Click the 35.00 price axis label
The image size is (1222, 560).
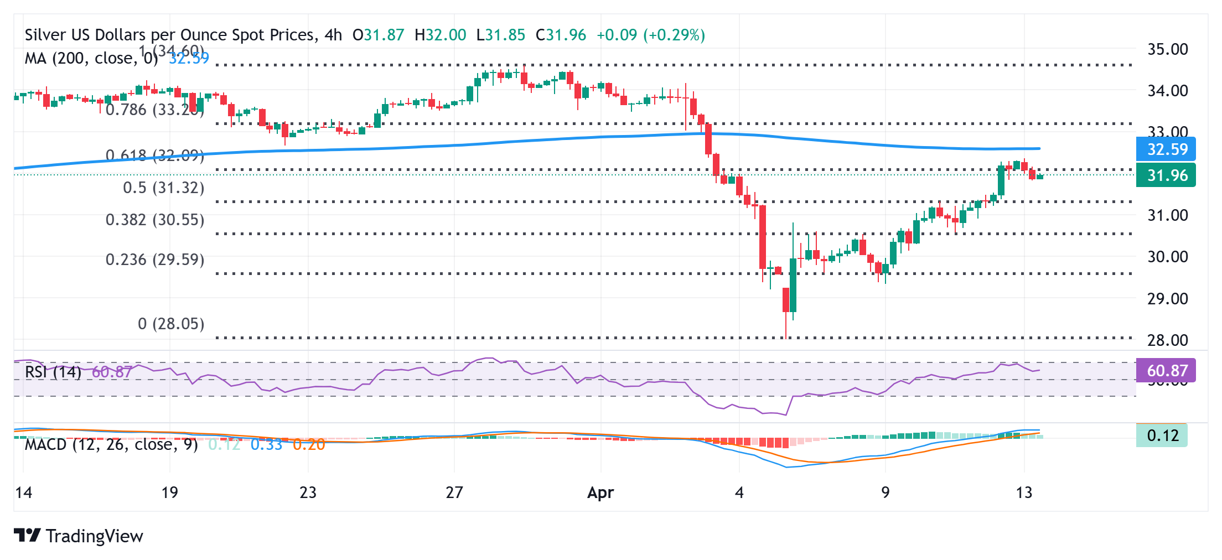click(1167, 49)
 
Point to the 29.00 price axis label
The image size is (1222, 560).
click(1167, 299)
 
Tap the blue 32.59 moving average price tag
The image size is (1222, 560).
click(1167, 149)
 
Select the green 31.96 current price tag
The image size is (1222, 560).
click(1167, 175)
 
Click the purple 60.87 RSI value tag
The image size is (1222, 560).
click(1167, 370)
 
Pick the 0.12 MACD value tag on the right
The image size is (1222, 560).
click(1163, 435)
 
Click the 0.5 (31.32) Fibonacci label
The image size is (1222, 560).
click(163, 188)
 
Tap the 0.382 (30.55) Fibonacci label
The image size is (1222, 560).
click(155, 220)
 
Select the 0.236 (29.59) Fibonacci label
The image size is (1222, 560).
click(155, 260)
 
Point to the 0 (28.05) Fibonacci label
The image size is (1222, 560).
click(171, 324)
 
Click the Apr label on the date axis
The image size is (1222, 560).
click(600, 492)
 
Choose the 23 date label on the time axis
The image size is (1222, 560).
click(308, 492)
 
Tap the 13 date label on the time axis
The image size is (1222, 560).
click(1024, 492)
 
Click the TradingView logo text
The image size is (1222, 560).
click(94, 536)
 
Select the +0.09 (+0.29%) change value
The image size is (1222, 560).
click(651, 35)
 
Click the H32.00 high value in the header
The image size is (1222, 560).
click(440, 35)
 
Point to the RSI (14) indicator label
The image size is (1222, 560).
click(53, 371)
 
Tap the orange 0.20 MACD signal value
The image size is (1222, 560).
click(309, 444)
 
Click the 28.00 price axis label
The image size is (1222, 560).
click(1167, 340)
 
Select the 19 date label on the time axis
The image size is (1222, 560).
click(169, 492)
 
